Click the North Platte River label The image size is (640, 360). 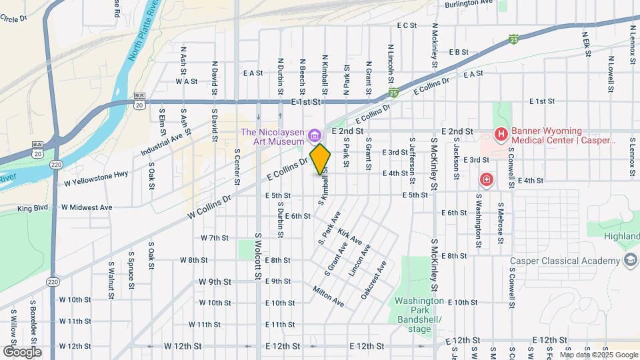coord(143,33)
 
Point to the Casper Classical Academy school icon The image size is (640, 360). coord(629,261)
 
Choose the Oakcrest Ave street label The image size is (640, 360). coord(373,280)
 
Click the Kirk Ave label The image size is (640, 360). coord(350,235)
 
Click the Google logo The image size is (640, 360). coord(22,351)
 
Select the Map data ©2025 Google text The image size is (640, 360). coord(598,355)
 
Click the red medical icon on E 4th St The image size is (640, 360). coord(487,180)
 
